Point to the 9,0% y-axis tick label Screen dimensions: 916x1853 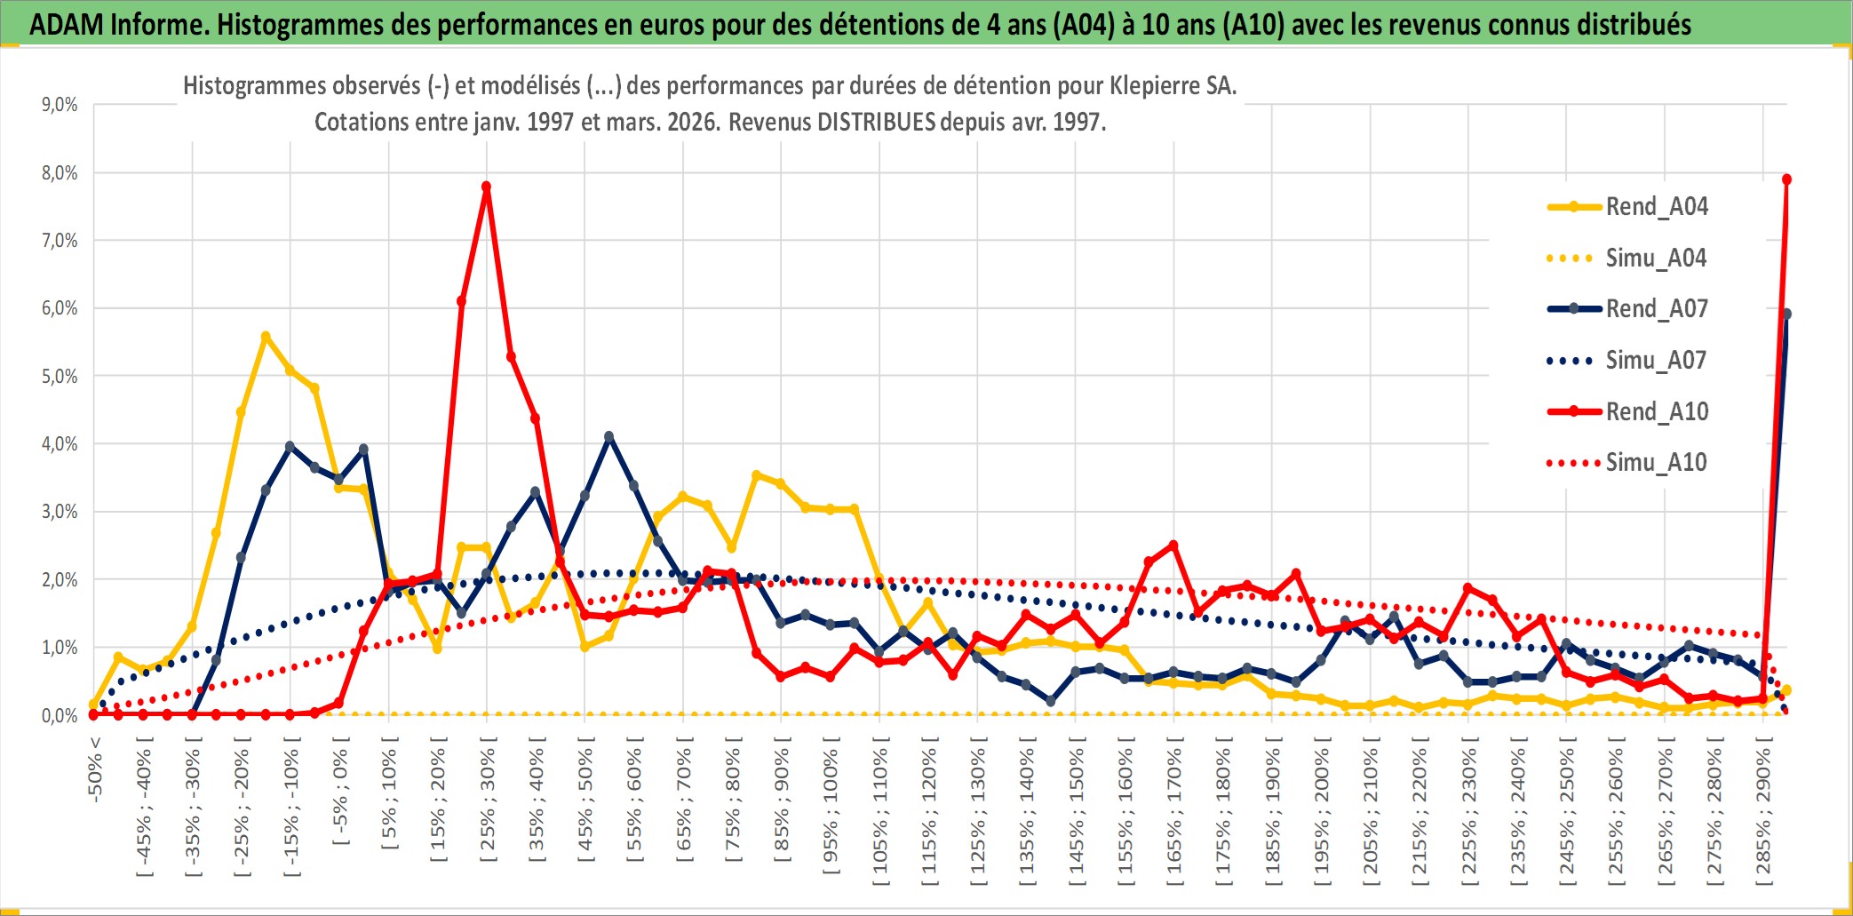(60, 105)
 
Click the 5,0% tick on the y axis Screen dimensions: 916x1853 (60, 377)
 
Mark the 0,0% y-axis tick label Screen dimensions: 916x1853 (60, 715)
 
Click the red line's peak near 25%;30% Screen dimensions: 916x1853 (486, 187)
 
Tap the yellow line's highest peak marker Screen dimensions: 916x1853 (266, 337)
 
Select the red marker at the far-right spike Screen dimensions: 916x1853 (1786, 179)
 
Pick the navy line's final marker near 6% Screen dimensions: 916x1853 (1786, 315)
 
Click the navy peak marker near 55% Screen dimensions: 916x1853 (608, 437)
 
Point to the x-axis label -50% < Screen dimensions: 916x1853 (96, 769)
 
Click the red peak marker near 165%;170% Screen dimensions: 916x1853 (1173, 546)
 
